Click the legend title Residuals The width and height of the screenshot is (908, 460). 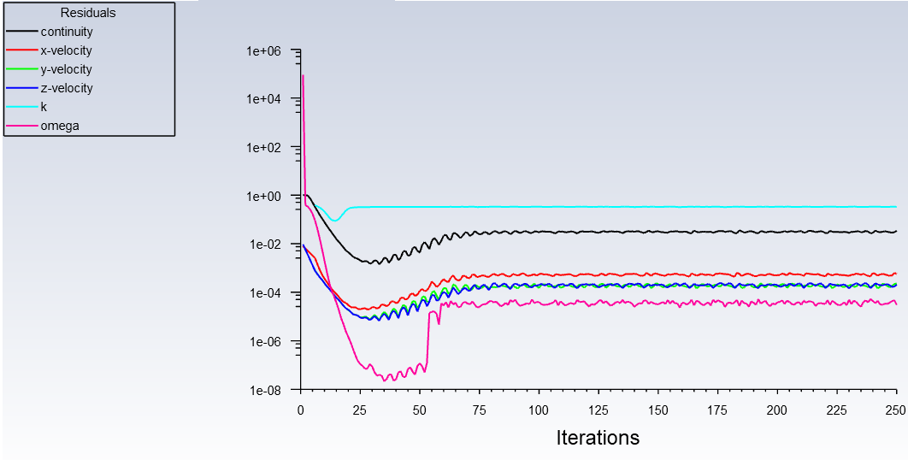point(88,13)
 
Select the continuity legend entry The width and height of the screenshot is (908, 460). point(67,32)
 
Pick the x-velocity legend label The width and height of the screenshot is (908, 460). point(66,50)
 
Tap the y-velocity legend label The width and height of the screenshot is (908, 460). point(66,69)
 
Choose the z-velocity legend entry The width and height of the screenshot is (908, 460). point(67,88)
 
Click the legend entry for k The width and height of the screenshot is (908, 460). point(44,107)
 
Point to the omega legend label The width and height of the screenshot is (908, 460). point(58,126)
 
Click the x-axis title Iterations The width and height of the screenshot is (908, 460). point(598,438)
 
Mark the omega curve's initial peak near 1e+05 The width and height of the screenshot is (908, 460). point(303,76)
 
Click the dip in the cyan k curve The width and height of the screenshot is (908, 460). point(334,221)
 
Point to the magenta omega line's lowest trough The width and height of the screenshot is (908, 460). point(387,378)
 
